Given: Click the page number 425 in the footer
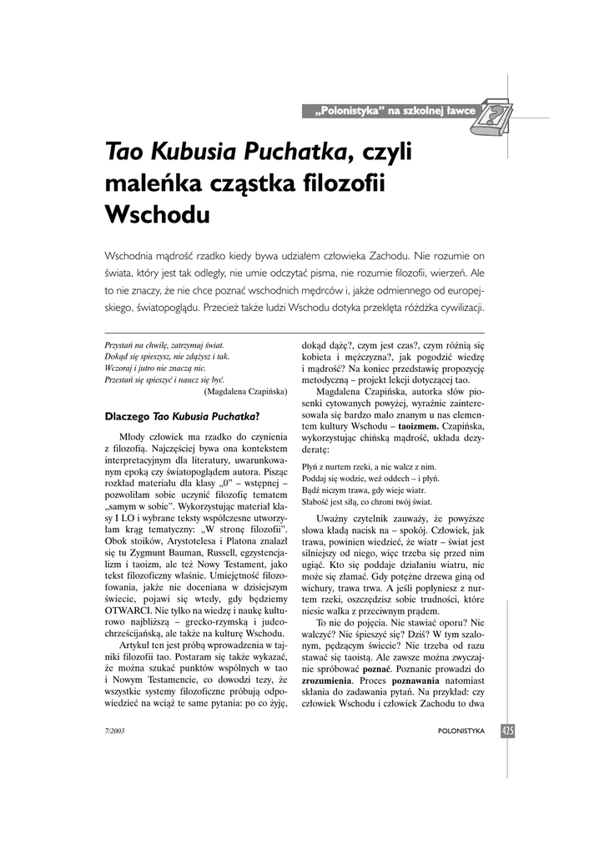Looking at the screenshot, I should click(x=508, y=731).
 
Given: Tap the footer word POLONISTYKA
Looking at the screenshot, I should click(x=461, y=731).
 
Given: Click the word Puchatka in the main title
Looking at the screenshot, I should click(x=294, y=152).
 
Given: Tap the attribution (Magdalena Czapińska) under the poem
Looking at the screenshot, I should click(x=246, y=390).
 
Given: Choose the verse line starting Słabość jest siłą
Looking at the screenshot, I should click(x=367, y=502).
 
